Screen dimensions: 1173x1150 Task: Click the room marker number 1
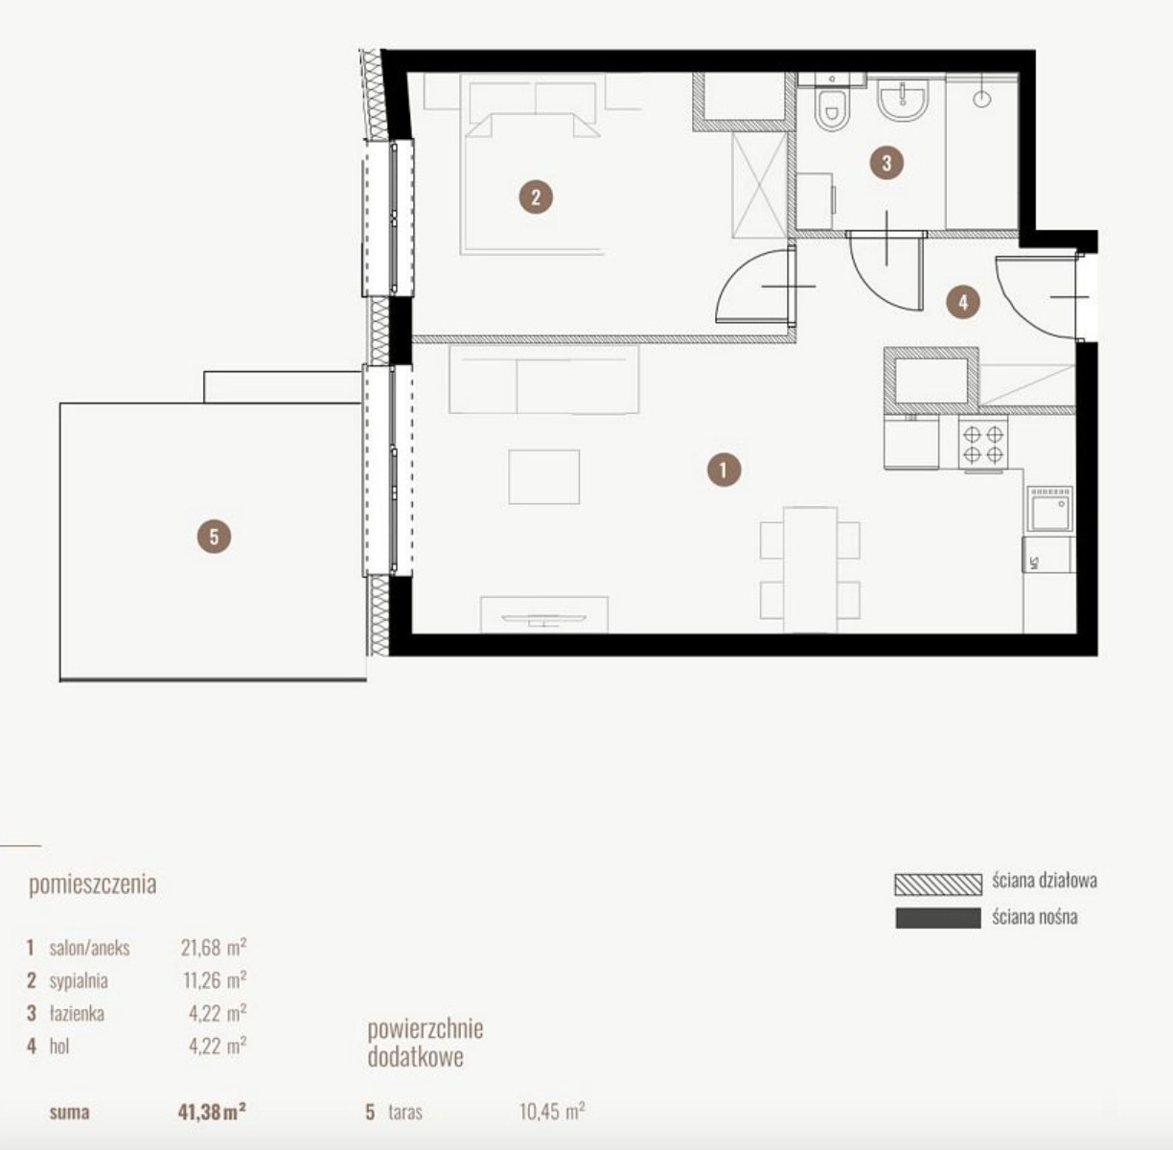724,470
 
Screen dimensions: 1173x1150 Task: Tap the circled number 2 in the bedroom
536,196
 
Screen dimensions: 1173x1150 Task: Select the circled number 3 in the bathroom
886,163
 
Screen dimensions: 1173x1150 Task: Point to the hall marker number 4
963,302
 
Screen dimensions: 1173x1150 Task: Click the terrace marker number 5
214,537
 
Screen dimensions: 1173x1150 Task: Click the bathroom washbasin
903,100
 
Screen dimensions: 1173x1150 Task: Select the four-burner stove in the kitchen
983,444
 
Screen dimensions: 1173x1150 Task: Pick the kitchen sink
1050,509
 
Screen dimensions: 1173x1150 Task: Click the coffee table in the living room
544,476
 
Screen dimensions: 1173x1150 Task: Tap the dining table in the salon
810,570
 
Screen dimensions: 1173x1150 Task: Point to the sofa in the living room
544,379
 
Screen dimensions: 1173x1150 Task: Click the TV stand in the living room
544,614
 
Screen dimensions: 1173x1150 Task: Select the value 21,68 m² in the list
214,947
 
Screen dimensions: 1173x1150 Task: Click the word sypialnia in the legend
79,980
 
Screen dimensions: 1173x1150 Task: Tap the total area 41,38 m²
212,1113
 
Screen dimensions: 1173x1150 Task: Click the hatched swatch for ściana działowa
938,885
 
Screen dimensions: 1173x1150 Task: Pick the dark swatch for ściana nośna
938,918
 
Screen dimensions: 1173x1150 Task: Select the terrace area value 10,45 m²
552,1112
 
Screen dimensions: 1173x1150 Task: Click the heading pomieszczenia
93,885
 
